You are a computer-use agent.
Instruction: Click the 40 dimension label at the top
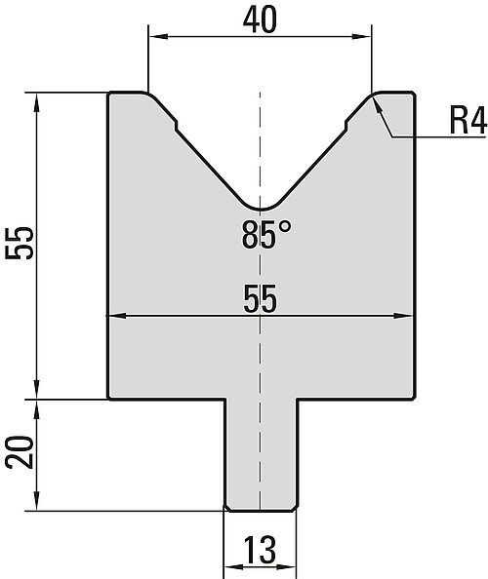(260, 20)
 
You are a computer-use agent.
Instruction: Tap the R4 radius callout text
(468, 120)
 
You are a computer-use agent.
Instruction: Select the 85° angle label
(266, 234)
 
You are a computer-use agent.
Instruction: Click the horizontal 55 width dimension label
(260, 298)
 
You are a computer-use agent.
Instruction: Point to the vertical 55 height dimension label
(20, 243)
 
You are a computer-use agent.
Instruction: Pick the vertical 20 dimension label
(20, 452)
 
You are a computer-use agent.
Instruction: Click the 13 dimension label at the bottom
(260, 550)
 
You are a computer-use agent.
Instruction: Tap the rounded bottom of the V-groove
(261, 209)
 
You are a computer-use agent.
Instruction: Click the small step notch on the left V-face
(176, 125)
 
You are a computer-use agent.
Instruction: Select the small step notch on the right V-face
(346, 125)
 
